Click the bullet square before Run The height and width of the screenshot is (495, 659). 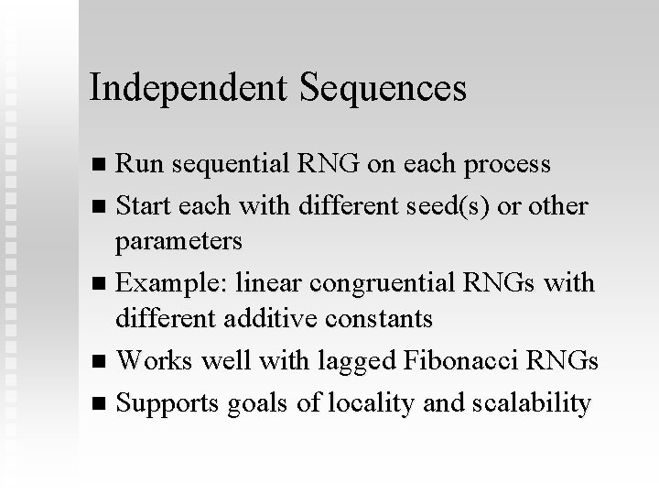pyautogui.click(x=100, y=165)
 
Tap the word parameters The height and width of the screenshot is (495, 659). pyautogui.click(x=179, y=242)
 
